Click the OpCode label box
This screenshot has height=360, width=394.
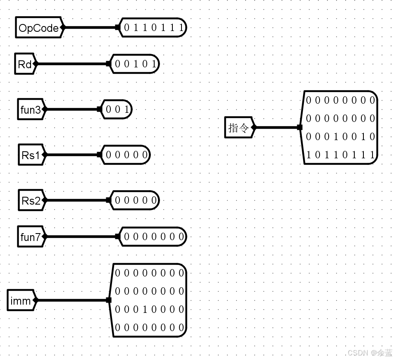click(x=38, y=28)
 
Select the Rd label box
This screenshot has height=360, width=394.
click(x=25, y=64)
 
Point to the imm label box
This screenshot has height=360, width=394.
click(x=21, y=300)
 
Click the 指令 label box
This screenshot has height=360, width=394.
click(x=239, y=127)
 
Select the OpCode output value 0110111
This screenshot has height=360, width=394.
click(x=153, y=28)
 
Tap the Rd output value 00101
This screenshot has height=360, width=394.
click(x=135, y=64)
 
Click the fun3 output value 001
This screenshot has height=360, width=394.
click(x=117, y=110)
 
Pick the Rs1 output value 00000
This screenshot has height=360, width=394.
click(x=126, y=155)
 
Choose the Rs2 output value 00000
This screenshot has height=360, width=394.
click(x=135, y=200)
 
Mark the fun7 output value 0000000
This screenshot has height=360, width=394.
click(x=153, y=237)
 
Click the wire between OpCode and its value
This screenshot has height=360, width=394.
click(x=90, y=28)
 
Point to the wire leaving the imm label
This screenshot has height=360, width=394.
click(x=72, y=300)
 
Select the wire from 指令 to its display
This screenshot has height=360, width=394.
click(x=277, y=127)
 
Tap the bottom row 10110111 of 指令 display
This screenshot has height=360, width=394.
click(x=340, y=155)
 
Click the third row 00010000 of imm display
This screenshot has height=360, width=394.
click(x=149, y=309)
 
